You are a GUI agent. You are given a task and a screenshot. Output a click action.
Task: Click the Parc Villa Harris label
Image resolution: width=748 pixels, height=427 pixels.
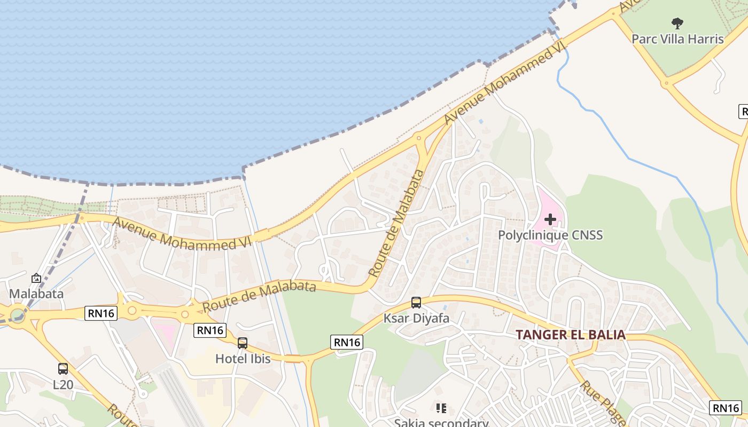tap(677, 39)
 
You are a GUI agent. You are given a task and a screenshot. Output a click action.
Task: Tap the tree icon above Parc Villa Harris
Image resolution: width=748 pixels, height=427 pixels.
tap(677, 23)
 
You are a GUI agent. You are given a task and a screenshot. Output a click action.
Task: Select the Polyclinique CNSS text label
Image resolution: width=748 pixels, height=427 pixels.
tap(550, 235)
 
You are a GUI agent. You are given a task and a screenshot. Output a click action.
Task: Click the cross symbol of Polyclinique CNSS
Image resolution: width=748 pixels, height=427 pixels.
tap(550, 219)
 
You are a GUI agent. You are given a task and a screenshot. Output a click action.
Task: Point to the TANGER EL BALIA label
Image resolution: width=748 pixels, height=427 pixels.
tap(570, 335)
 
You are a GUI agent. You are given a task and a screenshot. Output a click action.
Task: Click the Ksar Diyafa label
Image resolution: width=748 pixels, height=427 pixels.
tap(416, 319)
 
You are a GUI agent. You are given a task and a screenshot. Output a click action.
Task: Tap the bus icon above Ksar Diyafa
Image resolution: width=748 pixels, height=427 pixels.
tap(416, 303)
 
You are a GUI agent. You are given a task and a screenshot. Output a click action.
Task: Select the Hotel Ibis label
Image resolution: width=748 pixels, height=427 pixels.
tap(243, 359)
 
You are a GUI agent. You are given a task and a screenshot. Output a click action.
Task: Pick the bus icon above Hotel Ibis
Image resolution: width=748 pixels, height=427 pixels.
tap(243, 343)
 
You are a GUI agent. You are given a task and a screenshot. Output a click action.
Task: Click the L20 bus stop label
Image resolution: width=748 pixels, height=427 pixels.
tap(63, 384)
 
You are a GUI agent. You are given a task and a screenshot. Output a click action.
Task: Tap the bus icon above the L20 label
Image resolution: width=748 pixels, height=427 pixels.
tap(63, 368)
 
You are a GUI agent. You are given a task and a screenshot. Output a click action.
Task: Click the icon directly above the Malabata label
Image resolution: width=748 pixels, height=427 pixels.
tap(36, 278)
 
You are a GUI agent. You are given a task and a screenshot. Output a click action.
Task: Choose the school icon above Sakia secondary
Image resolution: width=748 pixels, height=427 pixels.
tap(441, 408)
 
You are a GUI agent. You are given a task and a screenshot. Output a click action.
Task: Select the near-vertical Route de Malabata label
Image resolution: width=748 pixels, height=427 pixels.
tap(396, 223)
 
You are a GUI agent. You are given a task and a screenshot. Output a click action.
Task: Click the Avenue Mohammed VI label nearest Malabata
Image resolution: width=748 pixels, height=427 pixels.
tap(182, 234)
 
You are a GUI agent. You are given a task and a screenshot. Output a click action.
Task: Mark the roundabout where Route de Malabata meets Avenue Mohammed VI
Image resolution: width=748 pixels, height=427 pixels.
tap(419, 138)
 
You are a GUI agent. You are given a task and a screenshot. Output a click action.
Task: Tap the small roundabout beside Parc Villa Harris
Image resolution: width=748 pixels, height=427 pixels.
tap(665, 83)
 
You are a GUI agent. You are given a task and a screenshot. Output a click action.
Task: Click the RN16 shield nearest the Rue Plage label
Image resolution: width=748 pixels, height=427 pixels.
tap(726, 408)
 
